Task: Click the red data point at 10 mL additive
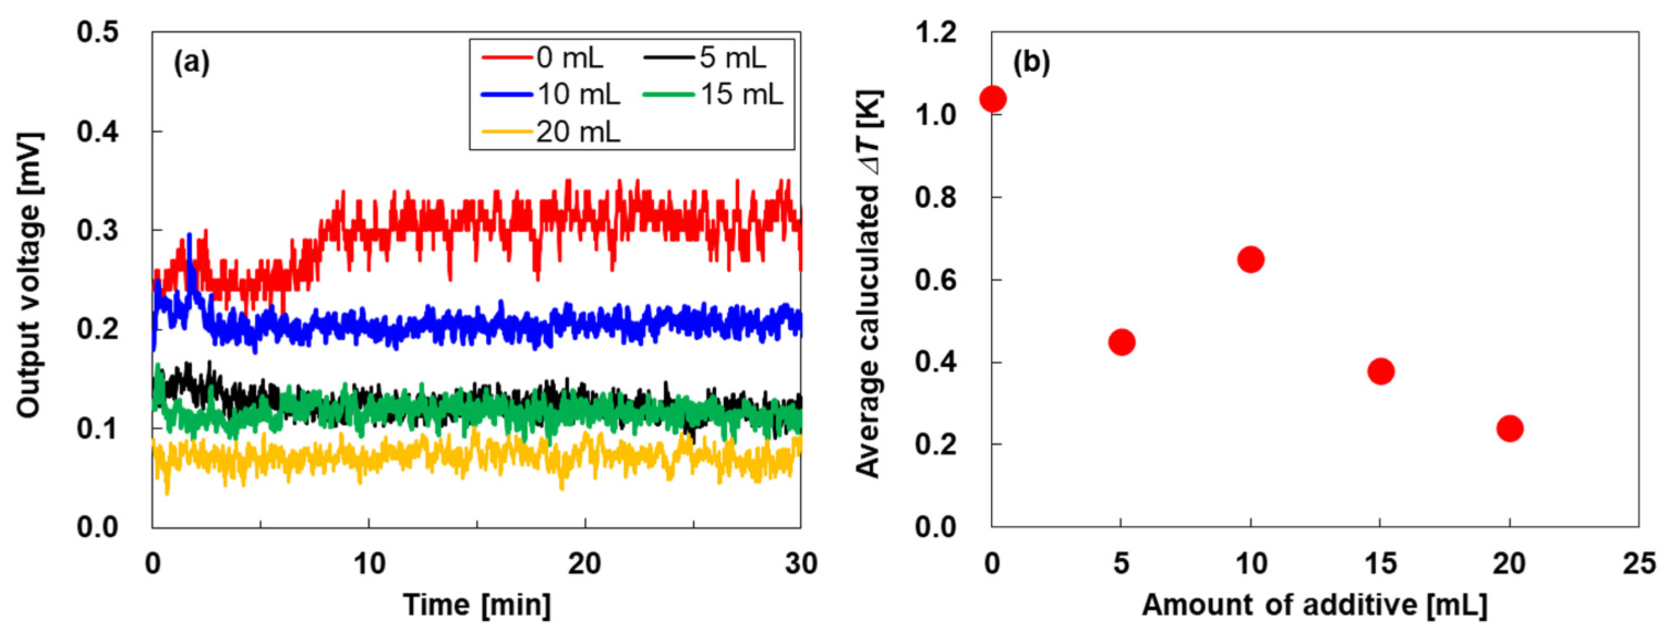[x=1250, y=260]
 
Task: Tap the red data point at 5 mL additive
[x=1122, y=342]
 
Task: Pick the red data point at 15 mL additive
[x=1381, y=372]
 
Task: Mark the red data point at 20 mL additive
[x=1510, y=429]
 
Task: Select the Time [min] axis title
[x=477, y=605]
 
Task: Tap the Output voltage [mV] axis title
[x=30, y=275]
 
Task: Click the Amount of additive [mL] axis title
[x=1314, y=605]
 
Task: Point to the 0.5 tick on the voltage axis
[x=98, y=33]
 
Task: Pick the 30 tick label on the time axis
[x=801, y=564]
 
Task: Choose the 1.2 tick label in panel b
[x=935, y=33]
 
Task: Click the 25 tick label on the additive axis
[x=1639, y=564]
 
